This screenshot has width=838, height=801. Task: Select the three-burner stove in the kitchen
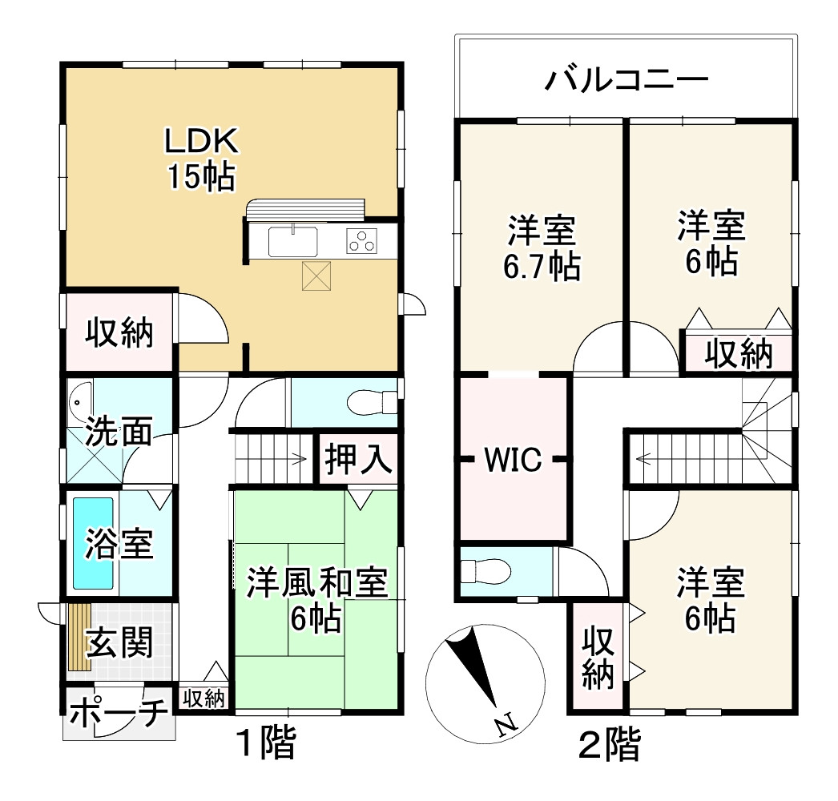point(361,241)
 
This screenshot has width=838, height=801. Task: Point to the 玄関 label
point(119,642)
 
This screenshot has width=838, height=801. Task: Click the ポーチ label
point(118,711)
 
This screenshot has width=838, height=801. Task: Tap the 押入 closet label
point(357,461)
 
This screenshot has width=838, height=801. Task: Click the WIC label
point(514,460)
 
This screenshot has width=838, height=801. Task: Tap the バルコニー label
point(627,81)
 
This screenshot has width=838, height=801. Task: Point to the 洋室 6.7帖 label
point(542,248)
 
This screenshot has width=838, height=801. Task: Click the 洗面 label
point(119,433)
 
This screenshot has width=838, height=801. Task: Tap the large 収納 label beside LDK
point(119,332)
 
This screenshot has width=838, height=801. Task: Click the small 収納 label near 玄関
point(203,698)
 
